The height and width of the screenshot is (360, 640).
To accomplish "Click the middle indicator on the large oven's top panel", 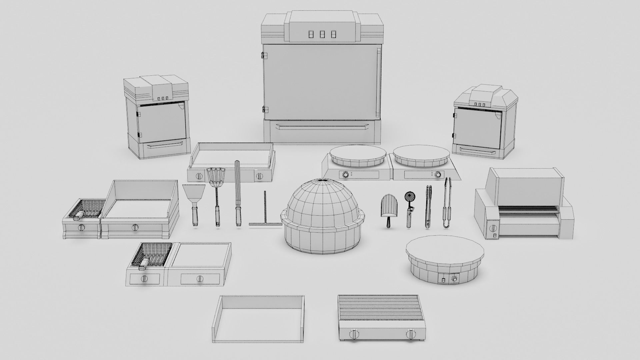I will point(322,34).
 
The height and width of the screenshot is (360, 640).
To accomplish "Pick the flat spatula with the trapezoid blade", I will point(193,200).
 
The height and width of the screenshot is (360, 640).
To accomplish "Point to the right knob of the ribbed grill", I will point(411,334).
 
